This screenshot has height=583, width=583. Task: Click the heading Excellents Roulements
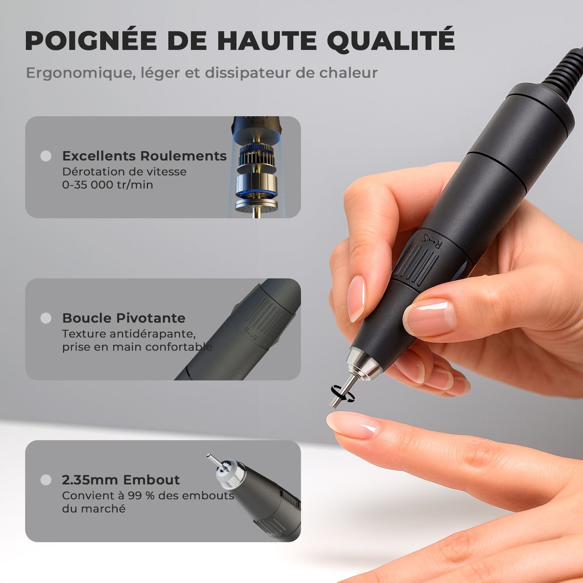click(x=144, y=156)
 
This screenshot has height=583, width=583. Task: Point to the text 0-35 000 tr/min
click(x=107, y=185)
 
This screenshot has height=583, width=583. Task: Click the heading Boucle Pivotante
click(x=124, y=318)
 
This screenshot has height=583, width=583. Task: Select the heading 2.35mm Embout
click(x=120, y=480)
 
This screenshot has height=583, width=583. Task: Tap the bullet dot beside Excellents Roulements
click(x=46, y=156)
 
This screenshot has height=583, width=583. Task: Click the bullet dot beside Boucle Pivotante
click(x=46, y=318)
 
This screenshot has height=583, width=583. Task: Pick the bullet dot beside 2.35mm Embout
click(x=46, y=480)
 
